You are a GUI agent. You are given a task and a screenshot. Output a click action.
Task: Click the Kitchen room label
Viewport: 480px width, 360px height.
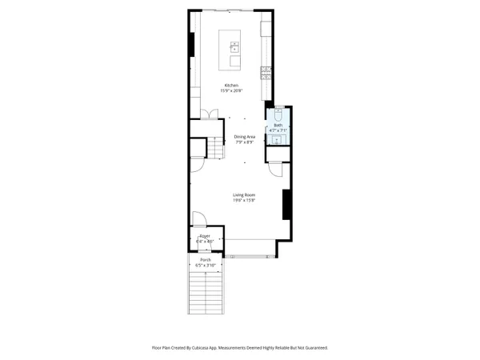click(x=231, y=85)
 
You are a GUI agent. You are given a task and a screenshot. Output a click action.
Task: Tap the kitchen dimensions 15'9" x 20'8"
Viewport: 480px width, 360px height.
click(x=231, y=90)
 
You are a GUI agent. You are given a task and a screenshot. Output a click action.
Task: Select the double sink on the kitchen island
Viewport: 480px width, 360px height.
click(x=235, y=46)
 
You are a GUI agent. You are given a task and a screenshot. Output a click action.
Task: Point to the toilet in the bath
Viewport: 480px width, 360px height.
click(x=278, y=113)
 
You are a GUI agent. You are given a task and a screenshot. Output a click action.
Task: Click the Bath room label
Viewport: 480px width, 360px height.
click(x=278, y=126)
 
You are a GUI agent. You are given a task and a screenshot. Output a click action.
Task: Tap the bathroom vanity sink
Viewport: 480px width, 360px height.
click(x=278, y=140)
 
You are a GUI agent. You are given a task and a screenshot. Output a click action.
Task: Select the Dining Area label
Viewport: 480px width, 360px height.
click(x=244, y=137)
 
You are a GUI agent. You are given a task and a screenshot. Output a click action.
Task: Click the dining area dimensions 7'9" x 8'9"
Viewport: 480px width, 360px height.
click(x=244, y=142)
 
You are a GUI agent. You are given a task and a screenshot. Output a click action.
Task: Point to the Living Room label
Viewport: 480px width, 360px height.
click(x=244, y=195)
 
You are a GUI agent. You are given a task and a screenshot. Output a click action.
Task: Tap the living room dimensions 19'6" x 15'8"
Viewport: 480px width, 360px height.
click(x=244, y=201)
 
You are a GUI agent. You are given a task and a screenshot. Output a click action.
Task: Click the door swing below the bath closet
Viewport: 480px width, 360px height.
click(x=274, y=168)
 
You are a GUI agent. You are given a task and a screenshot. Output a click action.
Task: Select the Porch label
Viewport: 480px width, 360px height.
click(x=206, y=261)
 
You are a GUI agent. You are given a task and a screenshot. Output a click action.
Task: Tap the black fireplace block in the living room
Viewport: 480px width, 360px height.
click(x=286, y=204)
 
